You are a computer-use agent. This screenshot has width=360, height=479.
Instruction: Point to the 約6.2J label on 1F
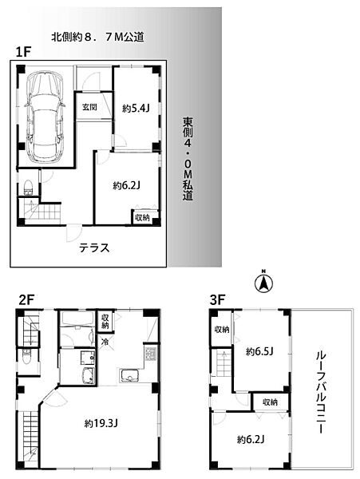pos(126,185)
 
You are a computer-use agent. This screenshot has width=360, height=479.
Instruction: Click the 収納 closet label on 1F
pos(142,217)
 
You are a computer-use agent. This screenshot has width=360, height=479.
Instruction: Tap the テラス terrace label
pos(93,247)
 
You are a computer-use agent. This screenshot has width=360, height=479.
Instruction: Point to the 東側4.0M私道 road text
pos(188,159)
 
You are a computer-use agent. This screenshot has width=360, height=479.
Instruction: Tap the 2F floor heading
pos(27,299)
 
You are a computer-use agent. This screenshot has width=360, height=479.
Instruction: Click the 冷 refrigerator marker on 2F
pos(105,342)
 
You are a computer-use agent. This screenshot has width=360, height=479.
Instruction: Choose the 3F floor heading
pos(218,299)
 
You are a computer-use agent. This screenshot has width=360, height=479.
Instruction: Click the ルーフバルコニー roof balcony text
pos(319,391)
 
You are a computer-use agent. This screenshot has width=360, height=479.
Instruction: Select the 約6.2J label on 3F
pos(251,439)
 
